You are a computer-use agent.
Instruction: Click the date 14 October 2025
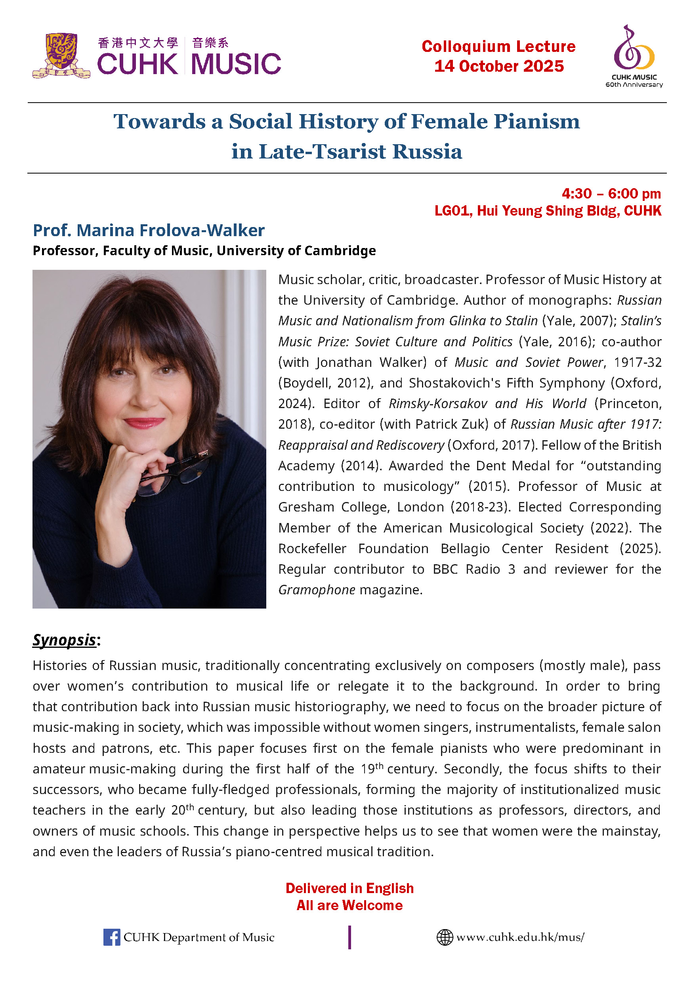(499, 66)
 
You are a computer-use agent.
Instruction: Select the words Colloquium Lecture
(498, 46)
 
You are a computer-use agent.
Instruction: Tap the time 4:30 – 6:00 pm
(611, 193)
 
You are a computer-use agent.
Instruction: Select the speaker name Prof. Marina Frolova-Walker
(149, 230)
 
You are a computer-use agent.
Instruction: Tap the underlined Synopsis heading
(64, 640)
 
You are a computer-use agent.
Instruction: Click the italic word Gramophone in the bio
(317, 590)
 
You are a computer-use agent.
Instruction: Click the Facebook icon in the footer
(111, 937)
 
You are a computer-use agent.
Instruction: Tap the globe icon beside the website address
(445, 937)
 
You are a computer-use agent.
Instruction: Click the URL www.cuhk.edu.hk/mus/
(520, 937)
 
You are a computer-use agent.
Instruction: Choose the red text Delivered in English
(349, 888)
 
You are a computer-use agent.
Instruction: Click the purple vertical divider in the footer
(349, 937)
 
